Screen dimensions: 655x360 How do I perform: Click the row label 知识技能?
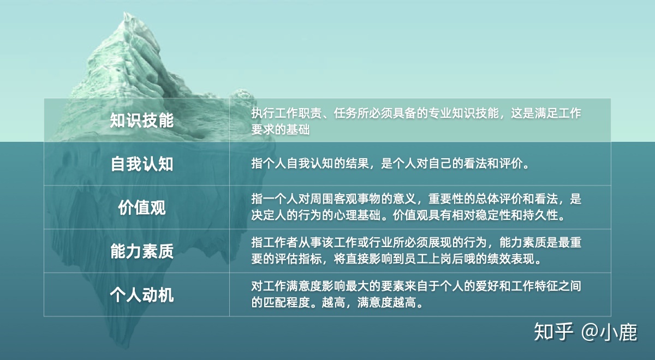pos(142,120)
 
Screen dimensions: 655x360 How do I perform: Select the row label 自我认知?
pos(142,164)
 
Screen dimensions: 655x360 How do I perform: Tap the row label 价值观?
pos(142,207)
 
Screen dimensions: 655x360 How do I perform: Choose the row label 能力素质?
pos(142,251)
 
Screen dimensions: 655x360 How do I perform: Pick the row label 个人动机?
pos(142,295)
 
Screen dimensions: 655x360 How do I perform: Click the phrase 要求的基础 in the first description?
pos(281,129)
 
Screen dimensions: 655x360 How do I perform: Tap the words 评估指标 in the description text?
pos(298,259)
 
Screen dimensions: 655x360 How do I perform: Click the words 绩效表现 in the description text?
pos(510,259)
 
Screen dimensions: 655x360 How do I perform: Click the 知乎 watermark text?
pos(553,332)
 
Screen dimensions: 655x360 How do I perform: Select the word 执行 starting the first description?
pos(263,113)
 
